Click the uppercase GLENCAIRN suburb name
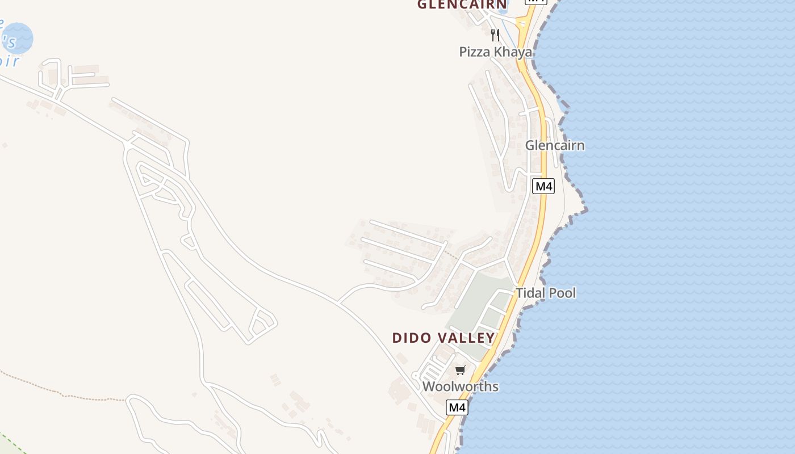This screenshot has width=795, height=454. point(462,5)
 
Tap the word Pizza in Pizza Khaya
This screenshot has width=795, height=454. point(475,52)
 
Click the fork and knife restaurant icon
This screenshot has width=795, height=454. point(495,35)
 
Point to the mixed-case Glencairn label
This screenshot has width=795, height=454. point(554,145)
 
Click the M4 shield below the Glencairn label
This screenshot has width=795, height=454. point(543,186)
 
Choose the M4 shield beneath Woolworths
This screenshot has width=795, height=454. point(457,407)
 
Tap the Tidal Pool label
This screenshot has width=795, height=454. point(546,293)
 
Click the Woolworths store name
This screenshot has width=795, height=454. point(461,386)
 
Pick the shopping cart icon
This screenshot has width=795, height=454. point(461,371)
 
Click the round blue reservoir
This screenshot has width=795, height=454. point(18,37)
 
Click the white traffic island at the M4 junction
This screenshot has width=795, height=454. point(521,24)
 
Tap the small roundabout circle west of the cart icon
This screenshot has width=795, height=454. point(416,375)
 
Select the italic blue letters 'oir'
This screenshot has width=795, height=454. point(10,61)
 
